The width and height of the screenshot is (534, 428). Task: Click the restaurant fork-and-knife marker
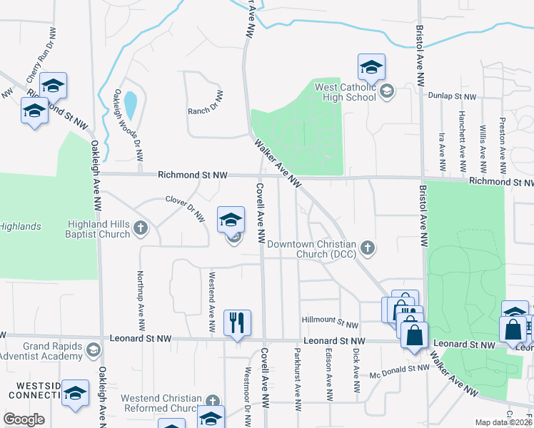pos(237,322)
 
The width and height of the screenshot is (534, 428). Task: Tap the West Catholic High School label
pos(346,91)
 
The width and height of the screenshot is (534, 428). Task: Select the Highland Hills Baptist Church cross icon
pos(141,228)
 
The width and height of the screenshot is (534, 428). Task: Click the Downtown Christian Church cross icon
pos(367,248)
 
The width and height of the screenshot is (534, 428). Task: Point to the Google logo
pos(24,419)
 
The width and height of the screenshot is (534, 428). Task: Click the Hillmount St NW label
pos(330,324)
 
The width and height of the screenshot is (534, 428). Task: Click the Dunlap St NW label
pos(452,95)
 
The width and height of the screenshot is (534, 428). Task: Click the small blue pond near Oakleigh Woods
pos(131,106)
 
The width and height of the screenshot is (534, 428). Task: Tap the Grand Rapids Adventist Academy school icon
pos(92,350)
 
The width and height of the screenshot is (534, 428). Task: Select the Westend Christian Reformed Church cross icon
pos(212,402)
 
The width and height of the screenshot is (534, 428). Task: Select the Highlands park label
pos(20,226)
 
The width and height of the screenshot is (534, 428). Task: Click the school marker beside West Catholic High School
pos(371,68)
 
